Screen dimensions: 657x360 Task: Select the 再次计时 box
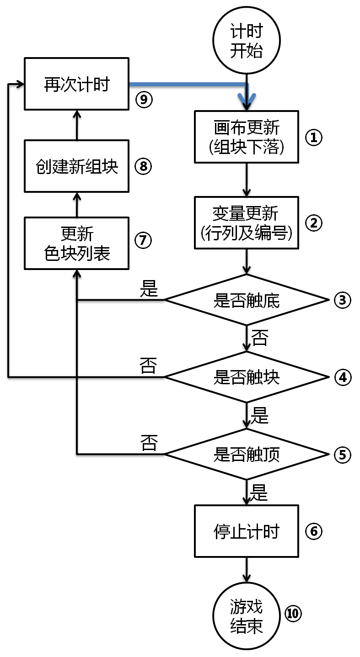click(76, 84)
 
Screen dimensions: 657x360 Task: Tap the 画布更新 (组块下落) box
click(247, 137)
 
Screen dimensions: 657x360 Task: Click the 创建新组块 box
click(76, 166)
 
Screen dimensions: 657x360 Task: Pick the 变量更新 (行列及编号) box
click(247, 223)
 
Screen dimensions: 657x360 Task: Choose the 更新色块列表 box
click(76, 243)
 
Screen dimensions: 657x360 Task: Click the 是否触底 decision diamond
click(247, 300)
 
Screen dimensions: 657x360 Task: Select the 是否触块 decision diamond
click(247, 377)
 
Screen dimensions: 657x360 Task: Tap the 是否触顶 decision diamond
click(247, 455)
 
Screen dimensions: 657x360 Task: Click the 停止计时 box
click(247, 531)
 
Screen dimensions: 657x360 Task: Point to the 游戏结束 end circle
click(247, 616)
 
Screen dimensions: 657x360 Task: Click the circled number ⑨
click(144, 99)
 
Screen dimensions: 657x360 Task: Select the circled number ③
click(342, 300)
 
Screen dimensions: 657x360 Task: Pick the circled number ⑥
click(313, 531)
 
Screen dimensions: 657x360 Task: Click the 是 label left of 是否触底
click(149, 289)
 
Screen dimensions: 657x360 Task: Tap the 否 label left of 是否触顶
click(149, 443)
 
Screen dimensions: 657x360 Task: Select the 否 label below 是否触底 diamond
click(260, 338)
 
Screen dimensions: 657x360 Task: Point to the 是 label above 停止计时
click(260, 493)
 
